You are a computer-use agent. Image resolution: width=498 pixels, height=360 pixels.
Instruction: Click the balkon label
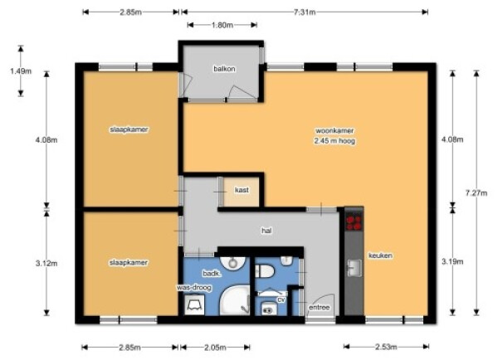pyautogui.click(x=224, y=69)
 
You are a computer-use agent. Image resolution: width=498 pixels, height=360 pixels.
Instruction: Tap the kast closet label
pyautogui.click(x=242, y=190)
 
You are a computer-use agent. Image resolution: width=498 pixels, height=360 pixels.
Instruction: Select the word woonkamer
pyautogui.click(x=334, y=130)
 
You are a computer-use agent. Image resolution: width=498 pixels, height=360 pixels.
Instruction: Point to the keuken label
pyautogui.click(x=380, y=255)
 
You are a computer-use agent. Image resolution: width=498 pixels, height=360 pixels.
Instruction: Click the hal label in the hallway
pyautogui.click(x=266, y=231)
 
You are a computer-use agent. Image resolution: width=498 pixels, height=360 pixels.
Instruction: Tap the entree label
pyautogui.click(x=320, y=307)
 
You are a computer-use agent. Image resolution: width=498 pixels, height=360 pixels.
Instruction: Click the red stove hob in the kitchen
pyautogui.click(x=354, y=222)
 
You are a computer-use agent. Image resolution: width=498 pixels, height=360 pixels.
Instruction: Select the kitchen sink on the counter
pyautogui.click(x=354, y=268)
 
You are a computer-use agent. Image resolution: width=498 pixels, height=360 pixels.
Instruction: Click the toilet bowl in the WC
pyautogui.click(x=264, y=271)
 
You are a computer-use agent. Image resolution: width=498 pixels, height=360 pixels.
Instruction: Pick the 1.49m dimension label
pyautogui.click(x=21, y=71)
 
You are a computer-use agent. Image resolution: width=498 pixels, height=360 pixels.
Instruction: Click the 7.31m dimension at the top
pyautogui.click(x=305, y=12)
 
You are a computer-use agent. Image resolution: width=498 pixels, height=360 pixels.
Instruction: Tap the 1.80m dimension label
pyautogui.click(x=222, y=25)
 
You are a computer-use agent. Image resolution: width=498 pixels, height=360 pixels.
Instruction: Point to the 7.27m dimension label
pyautogui.click(x=476, y=192)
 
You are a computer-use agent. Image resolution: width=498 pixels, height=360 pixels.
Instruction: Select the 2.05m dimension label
pyautogui.click(x=215, y=348)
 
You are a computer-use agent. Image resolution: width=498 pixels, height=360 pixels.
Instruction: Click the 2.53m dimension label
pyautogui.click(x=386, y=347)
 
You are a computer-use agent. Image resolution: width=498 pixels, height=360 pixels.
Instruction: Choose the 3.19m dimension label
pyautogui.click(x=452, y=261)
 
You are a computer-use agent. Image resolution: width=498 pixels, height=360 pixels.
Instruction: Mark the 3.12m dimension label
pyautogui.click(x=46, y=263)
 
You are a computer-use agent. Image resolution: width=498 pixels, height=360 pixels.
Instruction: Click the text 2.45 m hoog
pyautogui.click(x=334, y=141)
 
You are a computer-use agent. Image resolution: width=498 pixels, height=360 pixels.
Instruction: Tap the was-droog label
pyautogui.click(x=194, y=288)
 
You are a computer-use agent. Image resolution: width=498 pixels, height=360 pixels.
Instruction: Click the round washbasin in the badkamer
pyautogui.click(x=233, y=262)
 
